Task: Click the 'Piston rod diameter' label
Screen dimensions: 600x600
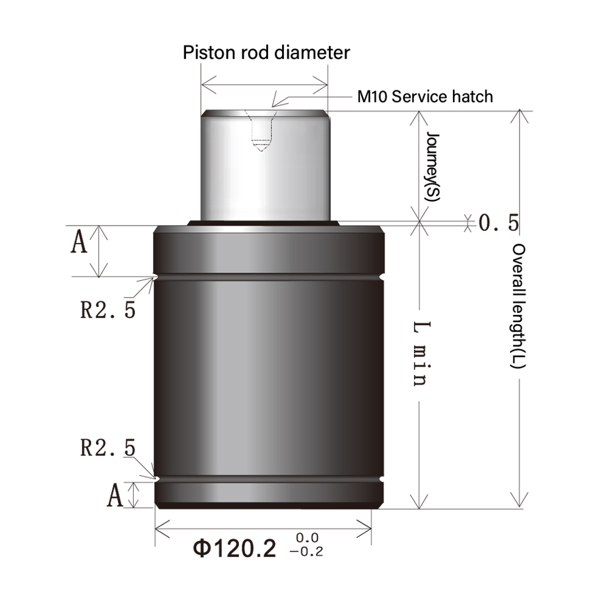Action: (x=266, y=53)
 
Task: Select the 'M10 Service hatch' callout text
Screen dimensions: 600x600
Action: (x=425, y=96)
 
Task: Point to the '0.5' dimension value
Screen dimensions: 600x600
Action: (x=499, y=223)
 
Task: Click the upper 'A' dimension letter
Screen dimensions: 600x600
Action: (x=79, y=244)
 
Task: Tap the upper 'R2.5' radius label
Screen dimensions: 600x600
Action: (x=108, y=309)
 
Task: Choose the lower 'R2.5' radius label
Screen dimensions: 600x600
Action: (x=108, y=448)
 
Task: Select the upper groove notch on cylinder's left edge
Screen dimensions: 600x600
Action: (x=155, y=277)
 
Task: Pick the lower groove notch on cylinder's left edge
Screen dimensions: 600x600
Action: (x=155, y=479)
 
